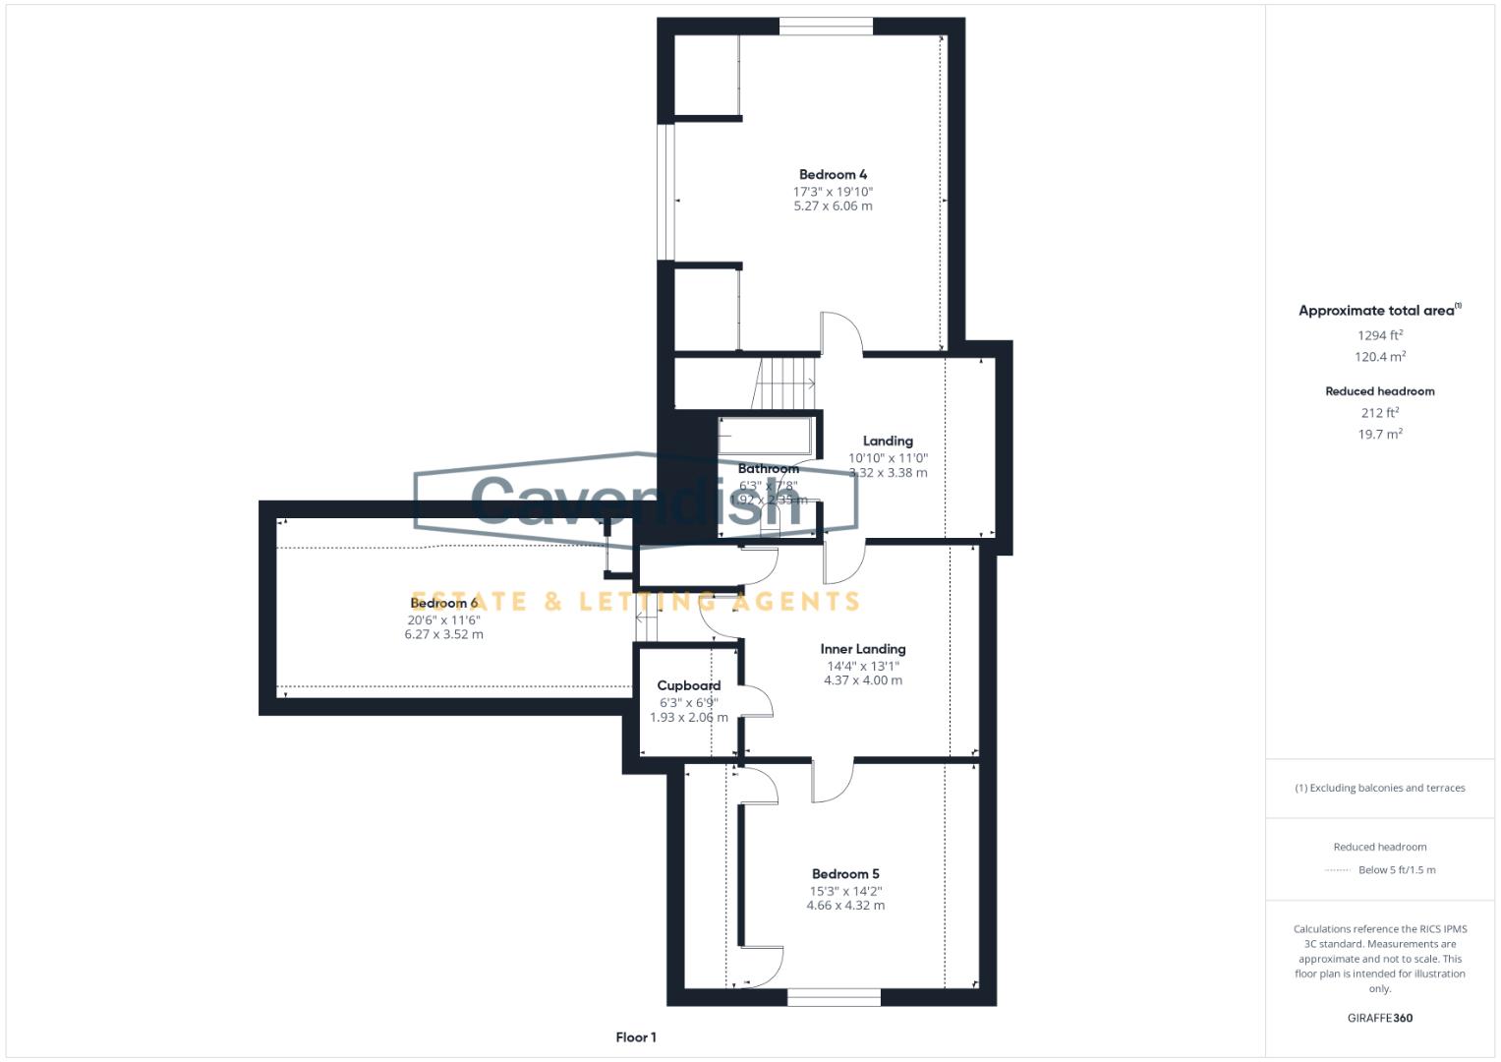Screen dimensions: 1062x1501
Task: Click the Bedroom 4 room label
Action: click(833, 175)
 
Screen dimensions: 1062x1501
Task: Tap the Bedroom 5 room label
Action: click(845, 873)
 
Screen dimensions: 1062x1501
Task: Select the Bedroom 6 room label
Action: click(443, 603)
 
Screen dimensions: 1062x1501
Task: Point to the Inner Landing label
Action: click(862, 649)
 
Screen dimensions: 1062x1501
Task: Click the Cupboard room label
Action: click(688, 685)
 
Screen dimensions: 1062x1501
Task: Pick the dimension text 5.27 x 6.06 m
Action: click(833, 206)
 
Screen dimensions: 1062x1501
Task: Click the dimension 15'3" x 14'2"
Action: click(845, 890)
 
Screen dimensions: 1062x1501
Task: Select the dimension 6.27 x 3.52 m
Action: click(443, 635)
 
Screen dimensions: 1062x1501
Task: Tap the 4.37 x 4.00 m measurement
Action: click(862, 680)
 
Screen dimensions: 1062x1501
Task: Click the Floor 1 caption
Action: click(635, 1037)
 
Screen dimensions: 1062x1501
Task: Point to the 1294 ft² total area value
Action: click(1379, 335)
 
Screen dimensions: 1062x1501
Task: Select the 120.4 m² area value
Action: click(1379, 357)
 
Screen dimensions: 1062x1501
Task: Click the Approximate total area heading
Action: click(1378, 311)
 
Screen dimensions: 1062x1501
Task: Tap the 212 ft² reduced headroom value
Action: click(1379, 413)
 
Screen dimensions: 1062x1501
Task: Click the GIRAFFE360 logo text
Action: click(1379, 1018)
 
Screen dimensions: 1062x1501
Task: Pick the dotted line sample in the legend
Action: click(1338, 870)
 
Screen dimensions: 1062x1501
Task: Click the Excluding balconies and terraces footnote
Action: click(1379, 788)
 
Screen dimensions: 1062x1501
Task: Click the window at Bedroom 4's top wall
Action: click(825, 27)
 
